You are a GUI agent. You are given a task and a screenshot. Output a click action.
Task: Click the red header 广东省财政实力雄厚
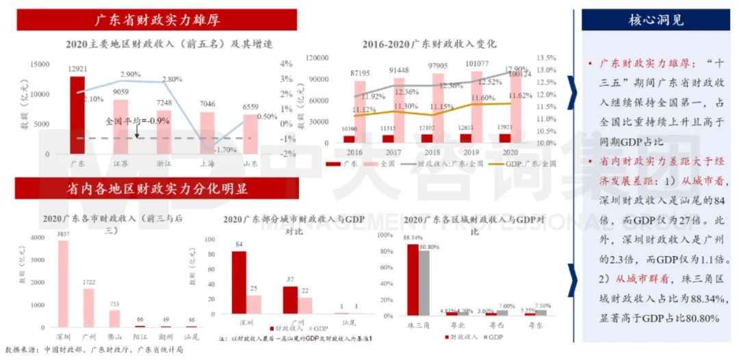(157, 19)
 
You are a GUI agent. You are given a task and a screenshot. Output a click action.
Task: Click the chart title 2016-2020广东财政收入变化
(430, 43)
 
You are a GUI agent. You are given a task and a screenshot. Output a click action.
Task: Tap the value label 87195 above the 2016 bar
(361, 73)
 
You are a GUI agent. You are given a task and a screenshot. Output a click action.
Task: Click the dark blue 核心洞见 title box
(656, 20)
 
